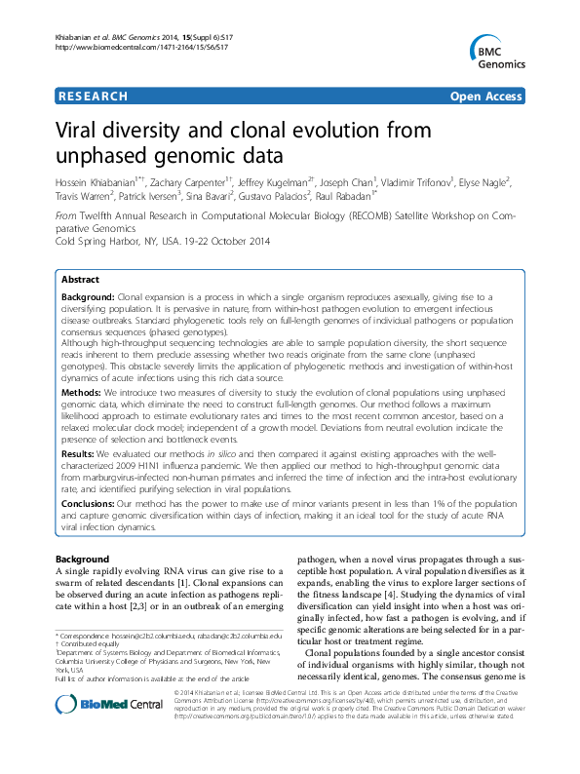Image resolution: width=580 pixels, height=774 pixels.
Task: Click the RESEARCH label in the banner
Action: click(93, 97)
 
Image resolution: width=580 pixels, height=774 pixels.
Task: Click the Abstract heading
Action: click(83, 278)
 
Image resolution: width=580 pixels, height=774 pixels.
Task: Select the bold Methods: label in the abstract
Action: click(85, 387)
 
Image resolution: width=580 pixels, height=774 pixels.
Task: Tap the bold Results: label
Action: click(82, 455)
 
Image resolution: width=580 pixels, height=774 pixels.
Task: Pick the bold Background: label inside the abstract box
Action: click(91, 296)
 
